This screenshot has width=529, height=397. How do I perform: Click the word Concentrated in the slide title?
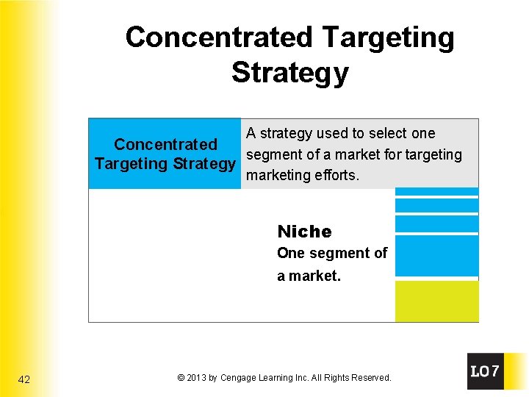click(218, 37)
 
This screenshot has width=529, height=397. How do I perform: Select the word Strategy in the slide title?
click(289, 73)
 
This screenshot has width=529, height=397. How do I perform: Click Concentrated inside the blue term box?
click(165, 145)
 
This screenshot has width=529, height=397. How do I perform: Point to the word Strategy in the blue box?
click(204, 164)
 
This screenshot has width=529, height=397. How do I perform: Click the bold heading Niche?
click(304, 232)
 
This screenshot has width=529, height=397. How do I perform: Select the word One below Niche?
click(290, 254)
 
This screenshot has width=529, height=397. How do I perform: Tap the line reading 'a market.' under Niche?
click(309, 277)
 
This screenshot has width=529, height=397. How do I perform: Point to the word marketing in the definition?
click(276, 176)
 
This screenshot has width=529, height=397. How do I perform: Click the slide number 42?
click(24, 379)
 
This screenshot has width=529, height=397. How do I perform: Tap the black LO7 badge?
click(486, 371)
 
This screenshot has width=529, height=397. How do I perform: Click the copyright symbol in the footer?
click(181, 378)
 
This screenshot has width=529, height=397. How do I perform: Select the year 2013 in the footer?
click(196, 378)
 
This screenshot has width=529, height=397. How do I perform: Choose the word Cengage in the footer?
click(239, 378)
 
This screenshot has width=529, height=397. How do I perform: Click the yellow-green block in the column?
click(436, 301)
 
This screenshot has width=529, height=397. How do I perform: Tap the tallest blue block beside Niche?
click(436, 255)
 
